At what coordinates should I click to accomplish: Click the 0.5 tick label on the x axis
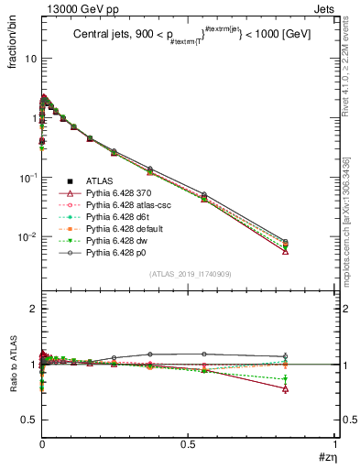click(189, 446)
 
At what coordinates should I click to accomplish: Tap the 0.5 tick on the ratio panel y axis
click(27, 420)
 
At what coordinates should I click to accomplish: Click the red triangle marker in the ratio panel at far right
click(311, 388)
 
